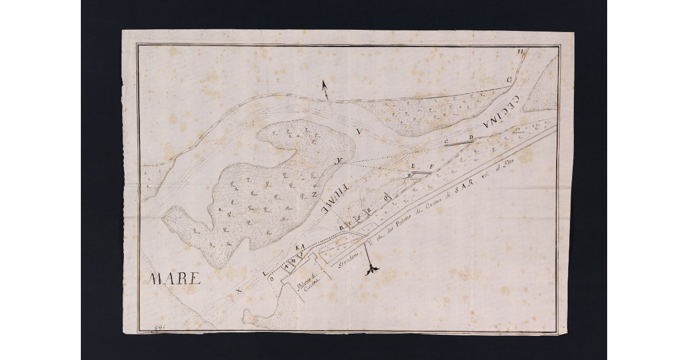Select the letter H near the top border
pyautogui.click(x=521, y=53)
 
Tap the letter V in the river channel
pyautogui.click(x=358, y=132)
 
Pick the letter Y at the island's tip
pyautogui.click(x=340, y=160)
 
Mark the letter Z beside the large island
pyautogui.click(x=315, y=195)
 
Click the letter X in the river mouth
pyautogui.click(x=239, y=292)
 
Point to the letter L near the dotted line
pyautogui.click(x=264, y=275)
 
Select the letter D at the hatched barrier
pyautogui.click(x=471, y=138)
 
